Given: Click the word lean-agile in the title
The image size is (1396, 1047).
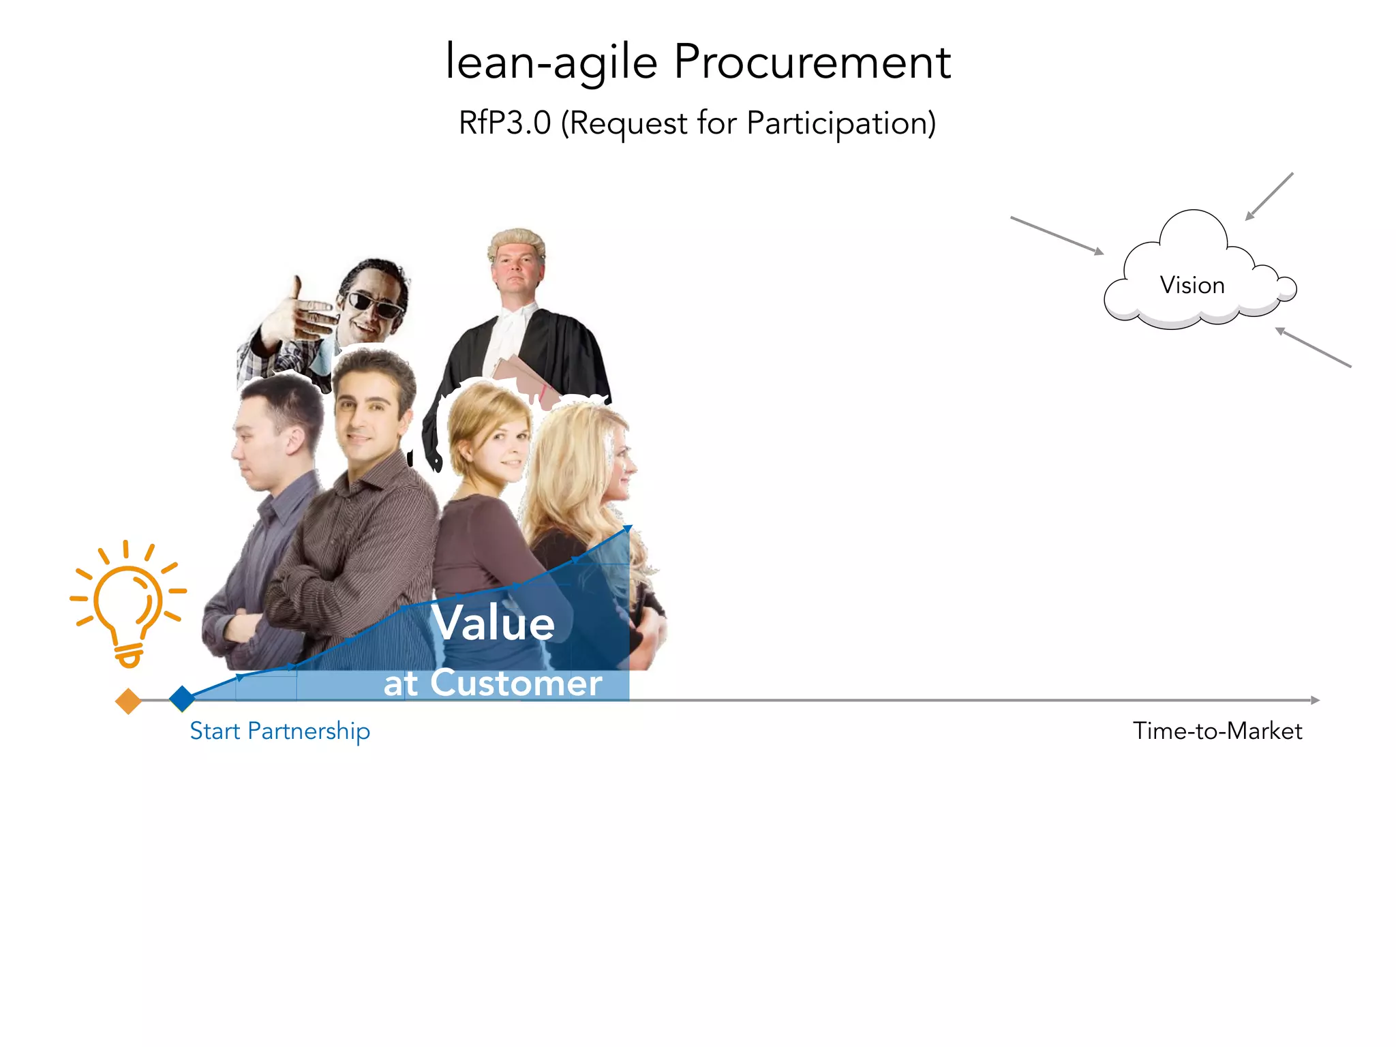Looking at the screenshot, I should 551,63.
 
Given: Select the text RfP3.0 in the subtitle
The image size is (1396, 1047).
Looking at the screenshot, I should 504,123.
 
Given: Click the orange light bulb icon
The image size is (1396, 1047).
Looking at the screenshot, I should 128,603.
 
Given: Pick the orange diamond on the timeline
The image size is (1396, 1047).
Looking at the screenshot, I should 128,701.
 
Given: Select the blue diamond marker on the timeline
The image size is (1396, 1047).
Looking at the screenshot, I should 182,699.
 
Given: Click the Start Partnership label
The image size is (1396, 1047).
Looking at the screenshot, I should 279,731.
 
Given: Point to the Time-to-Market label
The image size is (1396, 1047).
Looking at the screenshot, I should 1217,731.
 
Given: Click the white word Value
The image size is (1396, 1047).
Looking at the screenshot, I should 494,623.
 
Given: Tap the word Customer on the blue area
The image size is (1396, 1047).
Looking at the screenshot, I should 516,683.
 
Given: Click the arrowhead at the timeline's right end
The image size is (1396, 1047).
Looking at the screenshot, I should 1316,700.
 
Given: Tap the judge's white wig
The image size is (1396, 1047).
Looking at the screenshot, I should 517,241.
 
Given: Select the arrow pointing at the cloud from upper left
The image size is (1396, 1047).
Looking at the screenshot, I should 1057,235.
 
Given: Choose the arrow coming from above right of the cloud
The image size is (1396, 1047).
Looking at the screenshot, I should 1269,196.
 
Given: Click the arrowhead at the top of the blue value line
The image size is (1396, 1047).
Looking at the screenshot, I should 628,528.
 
